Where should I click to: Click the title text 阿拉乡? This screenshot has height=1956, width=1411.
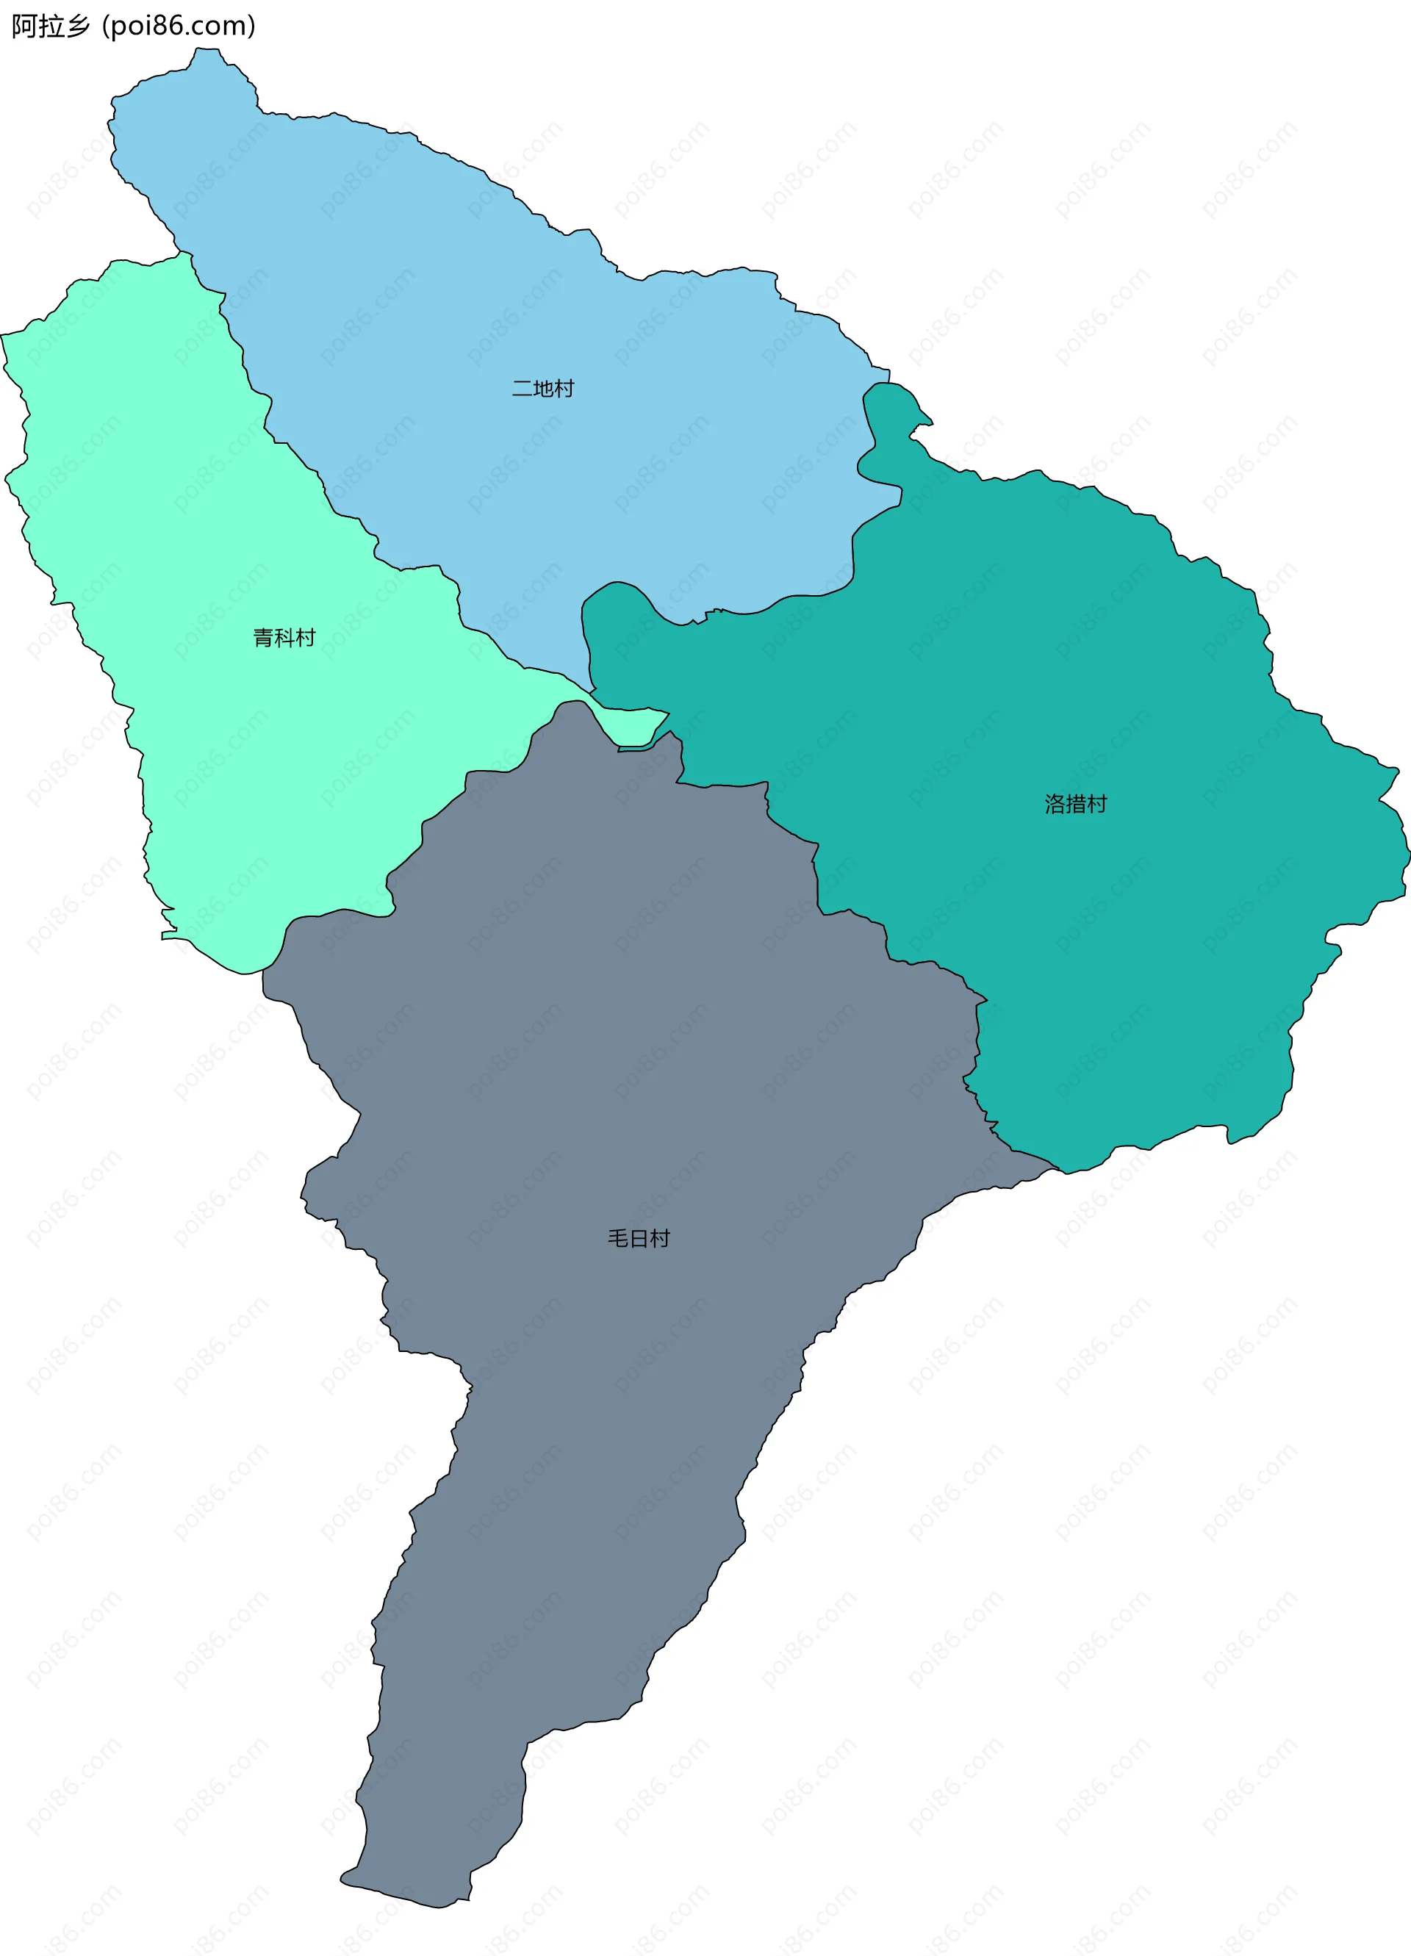coord(50,26)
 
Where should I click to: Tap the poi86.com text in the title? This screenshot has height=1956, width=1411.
coord(179,26)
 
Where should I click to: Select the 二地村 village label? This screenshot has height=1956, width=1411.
coord(542,389)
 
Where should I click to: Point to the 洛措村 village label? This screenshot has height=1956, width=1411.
coord(1075,804)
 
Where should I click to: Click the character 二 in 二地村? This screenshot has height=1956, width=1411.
coord(522,389)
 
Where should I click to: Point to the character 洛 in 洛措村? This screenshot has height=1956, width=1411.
coord(1055,804)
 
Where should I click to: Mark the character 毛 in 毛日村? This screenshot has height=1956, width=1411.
coord(617,1238)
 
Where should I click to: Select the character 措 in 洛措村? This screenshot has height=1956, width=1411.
coord(1075,804)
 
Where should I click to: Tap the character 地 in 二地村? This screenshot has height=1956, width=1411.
coord(542,389)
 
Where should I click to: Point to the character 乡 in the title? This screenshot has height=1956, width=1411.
coord(78,26)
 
